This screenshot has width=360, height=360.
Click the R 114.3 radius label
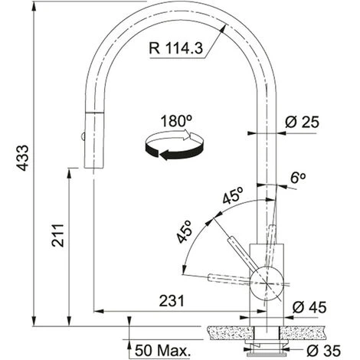(176, 47)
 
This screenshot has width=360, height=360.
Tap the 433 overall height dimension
(23, 158)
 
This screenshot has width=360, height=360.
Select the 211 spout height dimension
(57, 235)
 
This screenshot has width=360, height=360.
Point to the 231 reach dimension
(172, 301)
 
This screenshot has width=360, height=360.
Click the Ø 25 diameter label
(302, 122)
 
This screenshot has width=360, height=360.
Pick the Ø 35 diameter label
(323, 351)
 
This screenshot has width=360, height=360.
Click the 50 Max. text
(162, 350)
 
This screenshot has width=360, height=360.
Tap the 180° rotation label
(176, 121)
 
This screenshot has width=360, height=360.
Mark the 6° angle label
(298, 178)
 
